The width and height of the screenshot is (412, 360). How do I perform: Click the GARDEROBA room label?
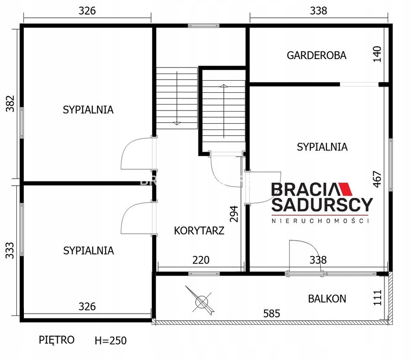(x=316, y=55)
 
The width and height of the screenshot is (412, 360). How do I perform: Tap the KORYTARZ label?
(x=199, y=231)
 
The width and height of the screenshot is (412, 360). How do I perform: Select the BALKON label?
(x=327, y=299)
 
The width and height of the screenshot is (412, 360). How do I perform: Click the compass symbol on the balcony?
(x=202, y=300)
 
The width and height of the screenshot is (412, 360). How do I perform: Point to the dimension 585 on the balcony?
(x=272, y=314)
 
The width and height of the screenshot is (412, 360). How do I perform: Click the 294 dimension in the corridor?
(x=234, y=214)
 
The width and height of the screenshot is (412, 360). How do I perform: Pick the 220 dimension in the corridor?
(x=201, y=260)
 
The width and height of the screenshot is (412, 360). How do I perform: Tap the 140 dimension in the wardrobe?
(x=377, y=54)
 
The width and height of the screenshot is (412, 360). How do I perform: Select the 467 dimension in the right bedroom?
(x=377, y=179)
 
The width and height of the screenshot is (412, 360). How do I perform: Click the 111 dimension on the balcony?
(x=377, y=298)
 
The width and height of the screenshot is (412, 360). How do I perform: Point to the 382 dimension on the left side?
(x=10, y=104)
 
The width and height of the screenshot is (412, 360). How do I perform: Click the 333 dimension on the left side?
(x=10, y=250)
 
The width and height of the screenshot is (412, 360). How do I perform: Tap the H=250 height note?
(x=110, y=340)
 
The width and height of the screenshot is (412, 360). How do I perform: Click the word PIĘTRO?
(x=57, y=340)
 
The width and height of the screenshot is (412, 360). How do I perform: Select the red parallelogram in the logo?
(x=345, y=189)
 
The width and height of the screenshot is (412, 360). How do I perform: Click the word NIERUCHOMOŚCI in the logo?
(x=320, y=220)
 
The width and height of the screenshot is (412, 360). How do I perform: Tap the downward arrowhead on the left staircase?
(x=177, y=123)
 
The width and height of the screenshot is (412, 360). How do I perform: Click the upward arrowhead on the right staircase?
(x=224, y=86)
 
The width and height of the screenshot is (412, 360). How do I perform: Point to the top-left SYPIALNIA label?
(x=88, y=110)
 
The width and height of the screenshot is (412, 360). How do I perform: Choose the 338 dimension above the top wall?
(x=318, y=11)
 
